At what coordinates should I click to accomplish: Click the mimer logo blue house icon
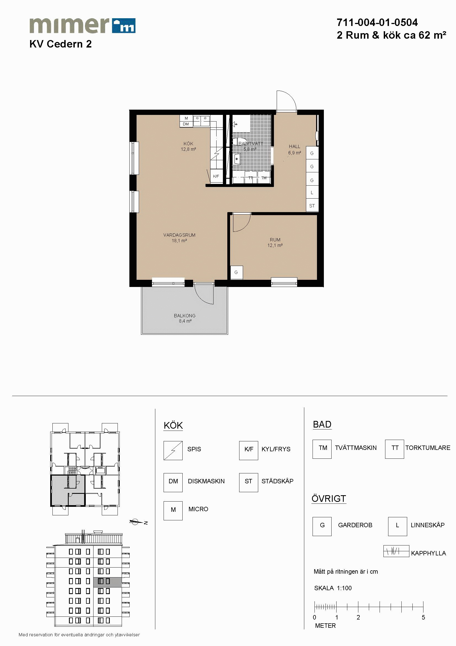pos(124,26)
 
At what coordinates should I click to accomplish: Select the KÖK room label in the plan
pos(188,144)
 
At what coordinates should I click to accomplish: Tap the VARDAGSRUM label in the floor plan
pos(179,235)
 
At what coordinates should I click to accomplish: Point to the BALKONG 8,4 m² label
pos(185,318)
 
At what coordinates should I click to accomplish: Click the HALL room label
pos(294,146)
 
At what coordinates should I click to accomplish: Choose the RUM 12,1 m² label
pos(275,242)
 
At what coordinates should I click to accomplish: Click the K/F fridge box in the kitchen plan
pos(216,176)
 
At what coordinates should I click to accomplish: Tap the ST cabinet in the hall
pos(312,206)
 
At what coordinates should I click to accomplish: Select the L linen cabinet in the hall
pos(312,193)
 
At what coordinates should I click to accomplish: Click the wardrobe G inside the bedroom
pos(236,272)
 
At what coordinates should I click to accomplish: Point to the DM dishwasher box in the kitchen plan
pos(186,124)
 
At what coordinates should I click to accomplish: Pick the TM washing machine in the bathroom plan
pos(264,178)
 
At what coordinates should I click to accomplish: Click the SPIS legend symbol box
pos(173,450)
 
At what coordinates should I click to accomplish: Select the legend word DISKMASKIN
pos(206,481)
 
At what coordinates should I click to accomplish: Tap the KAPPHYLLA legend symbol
pos(396,551)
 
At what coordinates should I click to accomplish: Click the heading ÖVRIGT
pos(329,499)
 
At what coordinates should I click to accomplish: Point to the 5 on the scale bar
pos(423,617)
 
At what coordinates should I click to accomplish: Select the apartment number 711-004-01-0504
pos(377,22)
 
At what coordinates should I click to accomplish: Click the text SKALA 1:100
pos(333,588)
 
